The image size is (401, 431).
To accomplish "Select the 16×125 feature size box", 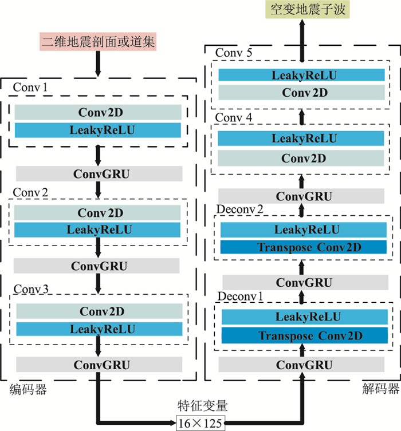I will [x=200, y=422].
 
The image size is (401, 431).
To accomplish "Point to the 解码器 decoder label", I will [x=381, y=390].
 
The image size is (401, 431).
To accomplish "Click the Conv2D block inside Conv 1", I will [x=99, y=112].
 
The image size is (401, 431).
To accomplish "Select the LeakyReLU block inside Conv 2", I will [x=99, y=230].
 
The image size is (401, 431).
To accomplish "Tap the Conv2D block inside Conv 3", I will [x=99, y=311].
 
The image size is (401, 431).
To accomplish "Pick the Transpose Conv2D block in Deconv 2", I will [x=301, y=247].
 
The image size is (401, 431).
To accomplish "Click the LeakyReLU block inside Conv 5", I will [x=301, y=75].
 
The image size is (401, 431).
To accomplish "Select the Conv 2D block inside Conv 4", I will [x=301, y=158].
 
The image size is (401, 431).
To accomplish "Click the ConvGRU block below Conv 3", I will [x=99, y=365].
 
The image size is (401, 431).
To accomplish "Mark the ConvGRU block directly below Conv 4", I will [x=301, y=196].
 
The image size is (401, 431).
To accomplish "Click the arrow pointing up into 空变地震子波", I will [x=301, y=34].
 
